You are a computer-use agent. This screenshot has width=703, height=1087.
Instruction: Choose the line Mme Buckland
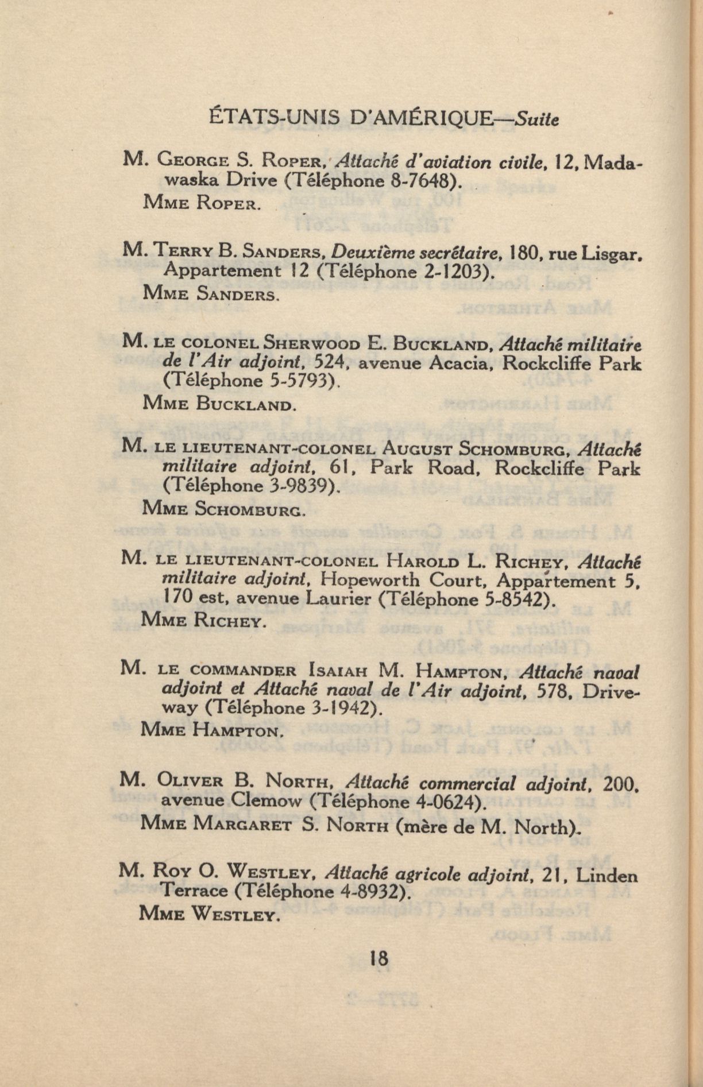218,404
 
